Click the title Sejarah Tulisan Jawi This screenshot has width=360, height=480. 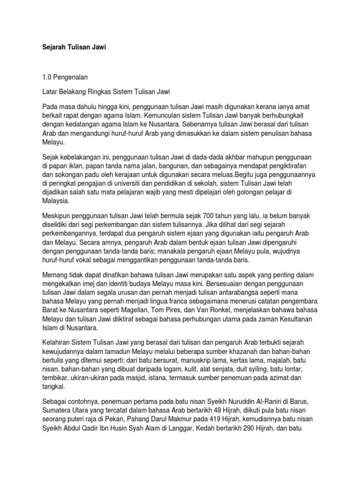pos(71,48)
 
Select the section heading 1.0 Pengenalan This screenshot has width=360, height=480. pos(64,76)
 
